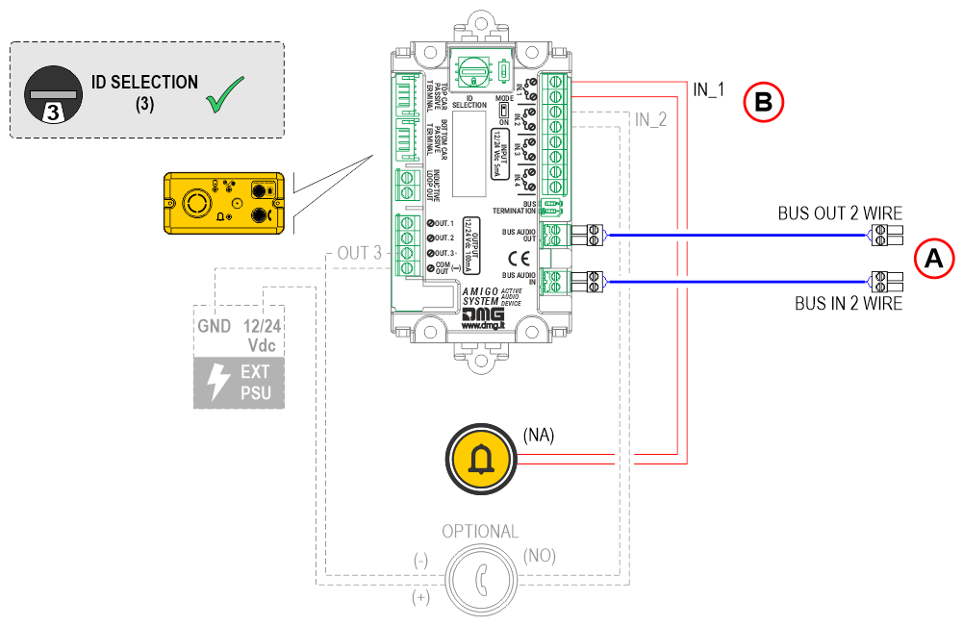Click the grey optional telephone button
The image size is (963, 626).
[x=478, y=579]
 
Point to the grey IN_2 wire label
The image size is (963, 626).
[x=651, y=120]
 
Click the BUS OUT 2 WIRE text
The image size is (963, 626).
[x=840, y=213]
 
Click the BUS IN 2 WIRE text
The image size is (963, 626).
[x=848, y=304]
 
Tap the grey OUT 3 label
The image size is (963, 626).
[x=360, y=254]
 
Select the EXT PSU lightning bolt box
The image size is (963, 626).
[x=240, y=383]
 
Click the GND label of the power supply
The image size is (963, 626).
[x=214, y=327]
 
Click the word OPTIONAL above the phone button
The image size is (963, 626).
[x=479, y=532]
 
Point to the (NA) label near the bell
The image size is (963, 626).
[x=539, y=435]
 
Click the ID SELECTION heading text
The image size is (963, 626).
[x=145, y=83]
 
